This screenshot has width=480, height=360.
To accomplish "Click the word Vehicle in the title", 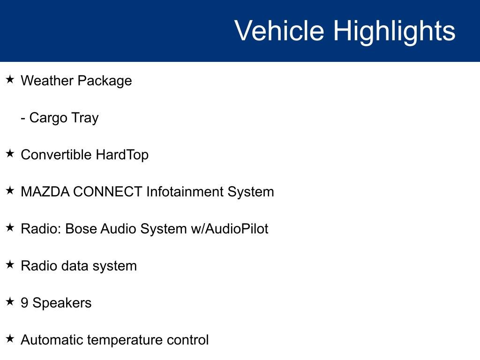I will (x=279, y=31).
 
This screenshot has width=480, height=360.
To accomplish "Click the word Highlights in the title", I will (x=394, y=31).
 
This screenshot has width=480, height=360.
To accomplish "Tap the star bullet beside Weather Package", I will (x=10, y=80).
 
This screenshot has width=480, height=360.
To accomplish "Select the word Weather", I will (x=47, y=81).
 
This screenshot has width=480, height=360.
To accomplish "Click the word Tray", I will (x=85, y=118).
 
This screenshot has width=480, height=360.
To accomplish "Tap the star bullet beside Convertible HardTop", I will (x=10, y=154).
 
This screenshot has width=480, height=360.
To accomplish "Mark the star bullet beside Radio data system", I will (x=10, y=265).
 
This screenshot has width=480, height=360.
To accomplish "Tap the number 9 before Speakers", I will (x=24, y=303).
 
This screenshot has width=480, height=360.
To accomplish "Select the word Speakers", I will (x=62, y=303).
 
